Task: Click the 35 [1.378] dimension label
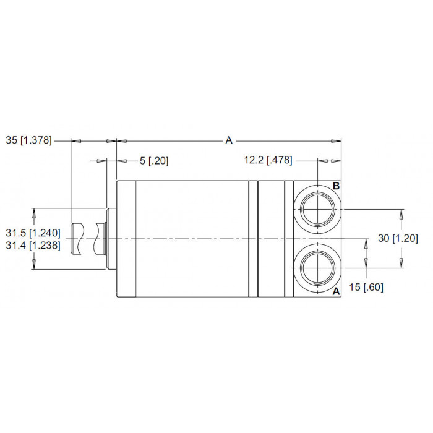tap(28, 140)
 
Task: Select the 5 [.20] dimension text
tap(154, 161)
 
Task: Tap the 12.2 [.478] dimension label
tap(268, 160)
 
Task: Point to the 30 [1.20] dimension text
tap(398, 238)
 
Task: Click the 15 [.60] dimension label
tap(366, 287)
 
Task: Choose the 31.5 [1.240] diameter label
tap(33, 233)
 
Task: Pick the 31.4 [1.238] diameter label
tap(33, 245)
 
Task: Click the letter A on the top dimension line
tap(229, 140)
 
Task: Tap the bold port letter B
tap(336, 186)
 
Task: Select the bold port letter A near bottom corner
tap(336, 291)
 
